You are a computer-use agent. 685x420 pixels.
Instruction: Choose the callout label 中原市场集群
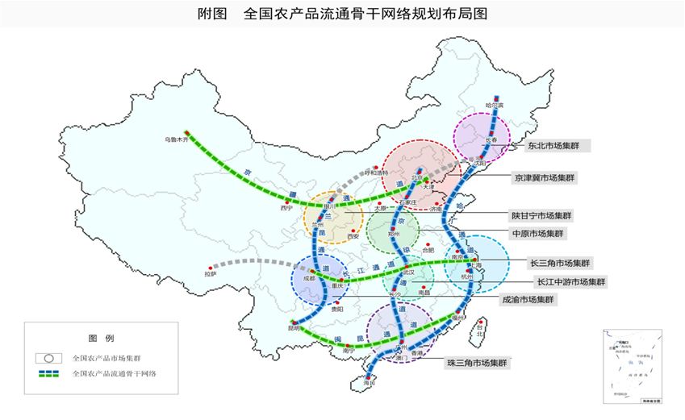[x=537, y=233]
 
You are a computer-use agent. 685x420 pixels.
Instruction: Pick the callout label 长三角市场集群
[x=559, y=263]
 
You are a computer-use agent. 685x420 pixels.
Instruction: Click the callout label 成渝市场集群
[x=528, y=299]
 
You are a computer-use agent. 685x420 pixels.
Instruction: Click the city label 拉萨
[x=211, y=274]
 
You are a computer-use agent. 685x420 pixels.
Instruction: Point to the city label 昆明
[x=292, y=328]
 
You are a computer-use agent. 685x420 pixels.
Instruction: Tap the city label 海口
[x=370, y=385]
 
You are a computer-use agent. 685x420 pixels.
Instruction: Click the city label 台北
[x=481, y=331]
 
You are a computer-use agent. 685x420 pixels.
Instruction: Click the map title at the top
[x=342, y=14]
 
